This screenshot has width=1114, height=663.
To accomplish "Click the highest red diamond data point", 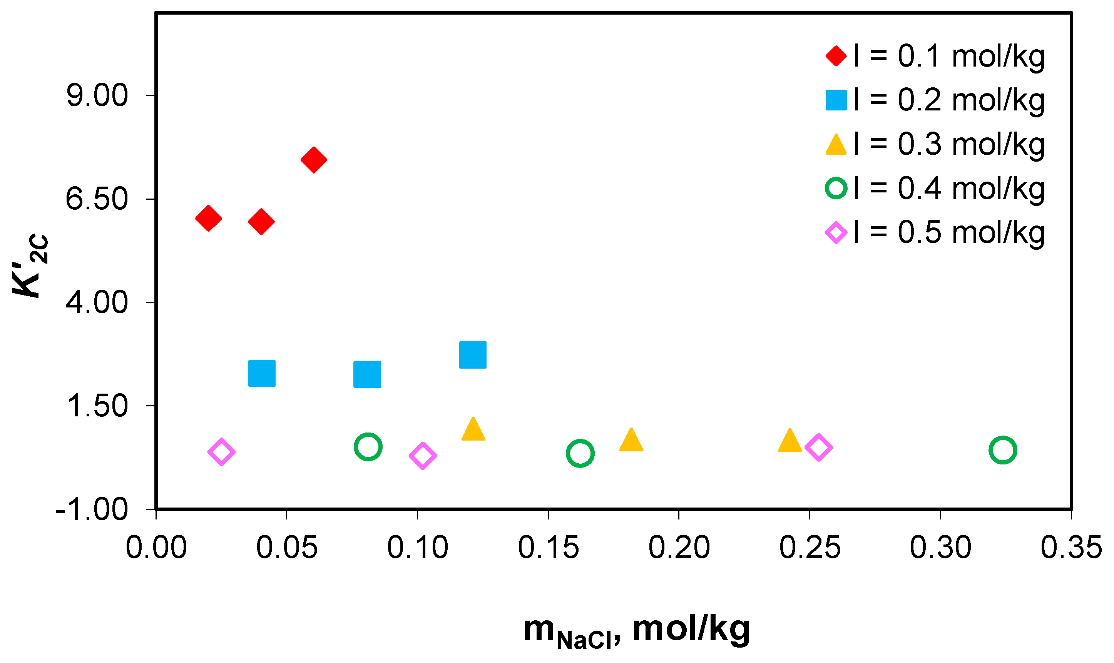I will (314, 159).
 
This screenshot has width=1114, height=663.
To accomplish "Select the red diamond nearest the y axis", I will (208, 219).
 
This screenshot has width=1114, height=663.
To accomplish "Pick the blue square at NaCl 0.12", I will (473, 355).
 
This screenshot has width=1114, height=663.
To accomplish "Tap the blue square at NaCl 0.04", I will (262, 373).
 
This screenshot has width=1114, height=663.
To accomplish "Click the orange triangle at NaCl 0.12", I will (473, 430).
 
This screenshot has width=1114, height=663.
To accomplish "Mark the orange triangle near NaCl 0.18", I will (631, 441).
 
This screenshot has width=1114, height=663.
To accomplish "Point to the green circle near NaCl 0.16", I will (580, 453).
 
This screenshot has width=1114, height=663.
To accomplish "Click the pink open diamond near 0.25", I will (819, 447).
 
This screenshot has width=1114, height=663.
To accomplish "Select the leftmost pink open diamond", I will (221, 452).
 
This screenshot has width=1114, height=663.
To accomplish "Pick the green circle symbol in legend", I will (836, 188).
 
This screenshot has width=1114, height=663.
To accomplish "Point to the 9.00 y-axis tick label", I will (97, 95).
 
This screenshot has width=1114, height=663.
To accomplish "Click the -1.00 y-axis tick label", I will (92, 509).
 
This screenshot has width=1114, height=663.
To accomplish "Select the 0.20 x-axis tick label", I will (679, 547).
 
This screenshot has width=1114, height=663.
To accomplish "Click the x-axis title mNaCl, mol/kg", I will (637, 630).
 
